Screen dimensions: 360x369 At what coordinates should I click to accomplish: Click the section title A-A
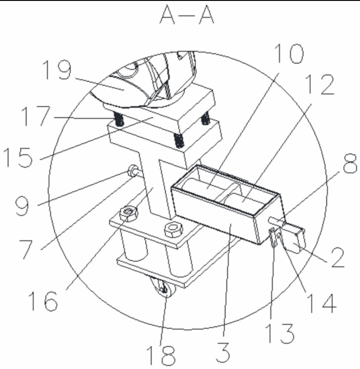[187, 15]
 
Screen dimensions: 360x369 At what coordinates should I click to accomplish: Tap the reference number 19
[57, 70]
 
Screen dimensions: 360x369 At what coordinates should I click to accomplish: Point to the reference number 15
[18, 157]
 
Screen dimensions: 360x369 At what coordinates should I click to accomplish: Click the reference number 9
[22, 206]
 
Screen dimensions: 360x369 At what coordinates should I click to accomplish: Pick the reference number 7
[26, 249]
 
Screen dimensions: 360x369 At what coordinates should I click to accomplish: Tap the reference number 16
[43, 301]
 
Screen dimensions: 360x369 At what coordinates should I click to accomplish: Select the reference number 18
[161, 355]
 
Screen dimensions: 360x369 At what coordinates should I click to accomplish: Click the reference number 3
[223, 352]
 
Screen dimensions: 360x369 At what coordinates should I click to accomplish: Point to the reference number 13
[280, 333]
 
